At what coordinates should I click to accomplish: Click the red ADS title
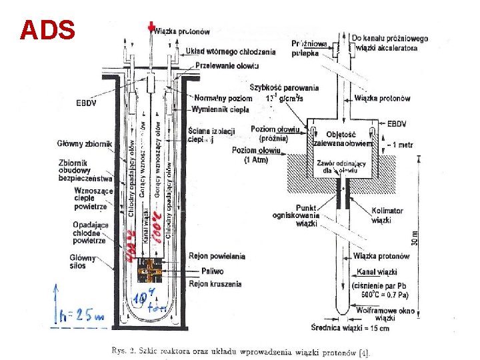click(x=47, y=29)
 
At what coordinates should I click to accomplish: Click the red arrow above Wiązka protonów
click(x=152, y=27)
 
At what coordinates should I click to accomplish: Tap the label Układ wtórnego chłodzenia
click(x=221, y=51)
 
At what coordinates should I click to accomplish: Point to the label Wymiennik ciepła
click(x=220, y=109)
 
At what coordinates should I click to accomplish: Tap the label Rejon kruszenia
click(x=216, y=285)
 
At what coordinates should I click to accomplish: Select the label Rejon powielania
click(x=217, y=256)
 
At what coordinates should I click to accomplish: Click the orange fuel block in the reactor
click(x=151, y=271)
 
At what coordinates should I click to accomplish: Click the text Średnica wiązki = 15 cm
click(x=351, y=328)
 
